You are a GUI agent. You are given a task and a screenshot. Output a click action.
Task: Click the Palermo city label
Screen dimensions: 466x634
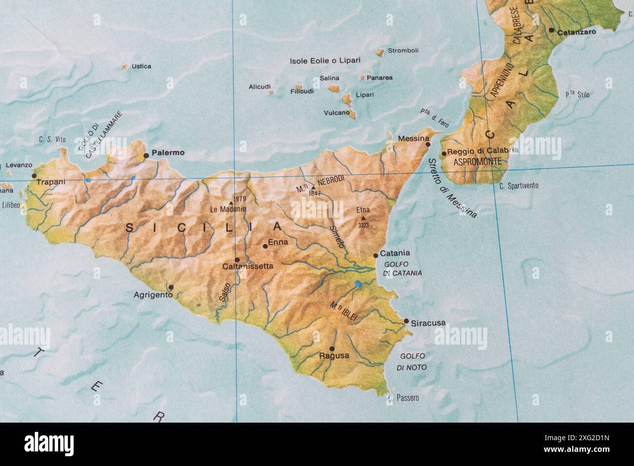tap(168, 153)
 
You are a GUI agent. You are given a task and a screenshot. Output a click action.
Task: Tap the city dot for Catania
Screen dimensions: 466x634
tap(376, 255)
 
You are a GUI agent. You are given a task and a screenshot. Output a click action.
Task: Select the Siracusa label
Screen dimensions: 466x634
tap(428, 323)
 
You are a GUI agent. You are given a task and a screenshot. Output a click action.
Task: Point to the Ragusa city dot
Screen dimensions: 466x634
tap(332, 349)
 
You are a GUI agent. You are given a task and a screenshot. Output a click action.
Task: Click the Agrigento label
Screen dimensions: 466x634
tap(153, 295)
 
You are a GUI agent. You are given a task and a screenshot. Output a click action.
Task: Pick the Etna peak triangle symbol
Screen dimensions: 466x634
tap(363, 218)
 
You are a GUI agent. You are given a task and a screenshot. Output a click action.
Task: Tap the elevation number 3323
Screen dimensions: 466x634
tap(363, 226)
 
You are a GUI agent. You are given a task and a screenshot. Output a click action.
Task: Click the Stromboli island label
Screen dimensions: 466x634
tap(403, 51)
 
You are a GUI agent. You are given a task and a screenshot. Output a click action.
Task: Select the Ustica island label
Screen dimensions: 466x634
tap(141, 66)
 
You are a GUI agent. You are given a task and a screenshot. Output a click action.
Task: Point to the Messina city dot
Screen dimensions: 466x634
tap(428, 144)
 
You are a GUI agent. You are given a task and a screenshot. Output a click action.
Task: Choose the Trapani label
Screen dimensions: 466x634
tap(50, 182)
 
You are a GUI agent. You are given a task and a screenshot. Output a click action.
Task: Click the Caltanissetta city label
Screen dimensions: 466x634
tap(247, 267)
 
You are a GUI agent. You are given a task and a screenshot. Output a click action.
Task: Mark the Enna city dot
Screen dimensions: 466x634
tap(265, 246)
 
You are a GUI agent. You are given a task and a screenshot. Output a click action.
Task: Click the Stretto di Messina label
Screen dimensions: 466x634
tap(452, 188)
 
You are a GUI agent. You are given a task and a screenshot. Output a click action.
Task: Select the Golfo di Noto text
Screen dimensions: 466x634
tap(412, 362)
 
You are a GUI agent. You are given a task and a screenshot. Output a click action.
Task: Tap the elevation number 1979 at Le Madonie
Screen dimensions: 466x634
tap(239, 199)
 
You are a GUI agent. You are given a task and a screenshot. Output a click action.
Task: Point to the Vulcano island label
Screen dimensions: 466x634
tap(337, 113)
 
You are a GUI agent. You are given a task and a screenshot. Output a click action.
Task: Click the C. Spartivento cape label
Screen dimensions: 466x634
tap(519, 186)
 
